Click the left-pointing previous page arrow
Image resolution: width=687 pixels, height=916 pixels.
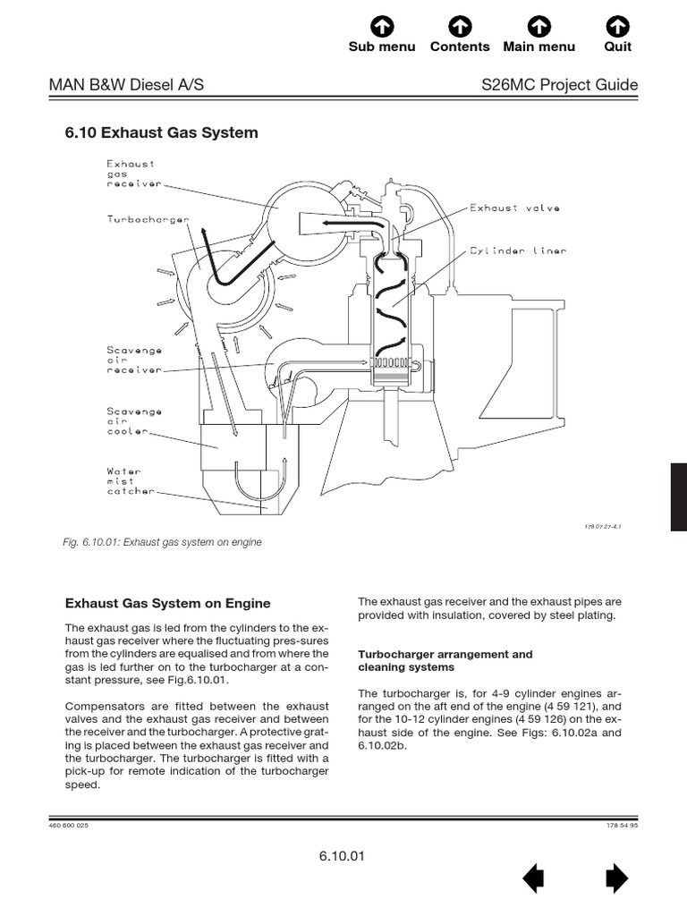(533, 880)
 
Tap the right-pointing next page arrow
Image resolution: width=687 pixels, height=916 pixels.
(616, 880)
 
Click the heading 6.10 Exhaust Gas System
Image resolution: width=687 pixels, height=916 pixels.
(162, 133)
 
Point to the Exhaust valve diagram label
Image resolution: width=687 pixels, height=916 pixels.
(515, 208)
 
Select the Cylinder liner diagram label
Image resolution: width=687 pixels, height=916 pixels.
(518, 251)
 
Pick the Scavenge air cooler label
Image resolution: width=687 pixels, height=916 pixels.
(134, 421)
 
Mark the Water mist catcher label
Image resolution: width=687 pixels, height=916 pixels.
(131, 481)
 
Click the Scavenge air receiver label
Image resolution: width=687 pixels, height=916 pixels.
(134, 358)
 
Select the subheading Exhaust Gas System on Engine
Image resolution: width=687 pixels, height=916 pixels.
(168, 604)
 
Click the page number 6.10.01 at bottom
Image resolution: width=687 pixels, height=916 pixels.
(342, 856)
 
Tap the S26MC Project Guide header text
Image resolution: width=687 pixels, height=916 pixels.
(559, 85)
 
